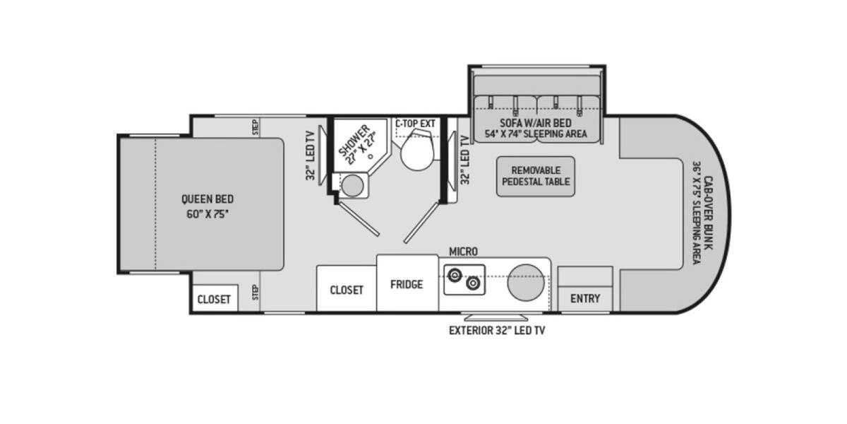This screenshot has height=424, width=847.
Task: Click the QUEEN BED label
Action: click(207, 199)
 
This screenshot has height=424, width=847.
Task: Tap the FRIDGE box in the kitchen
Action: click(407, 284)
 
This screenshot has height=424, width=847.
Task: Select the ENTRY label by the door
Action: click(585, 298)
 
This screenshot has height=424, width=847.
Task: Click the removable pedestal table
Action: click(536, 176)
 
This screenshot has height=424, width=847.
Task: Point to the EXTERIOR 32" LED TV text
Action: click(498, 330)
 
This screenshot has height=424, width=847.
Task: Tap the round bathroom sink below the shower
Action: click(352, 186)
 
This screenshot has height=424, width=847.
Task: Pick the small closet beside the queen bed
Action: click(214, 299)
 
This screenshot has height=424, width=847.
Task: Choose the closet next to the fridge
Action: click(347, 290)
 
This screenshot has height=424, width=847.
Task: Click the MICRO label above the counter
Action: click(463, 252)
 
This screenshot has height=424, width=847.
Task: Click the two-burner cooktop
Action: click(463, 279)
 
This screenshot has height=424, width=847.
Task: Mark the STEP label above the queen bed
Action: click(255, 127)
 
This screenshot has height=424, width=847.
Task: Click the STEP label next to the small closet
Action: click(255, 293)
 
